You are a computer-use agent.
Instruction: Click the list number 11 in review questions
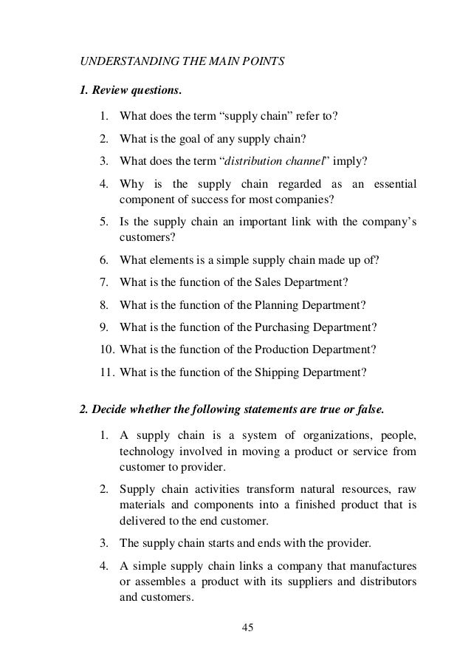coord(104,372)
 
